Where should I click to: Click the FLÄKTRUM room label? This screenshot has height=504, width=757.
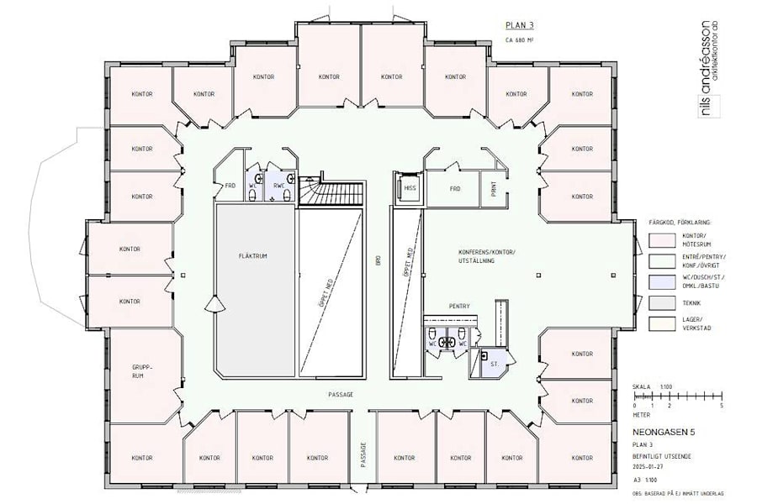tap(252, 256)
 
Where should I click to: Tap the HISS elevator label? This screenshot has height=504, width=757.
tap(410, 189)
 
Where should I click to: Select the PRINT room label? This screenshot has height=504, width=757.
tap(493, 190)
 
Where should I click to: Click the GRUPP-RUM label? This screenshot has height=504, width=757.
tap(142, 373)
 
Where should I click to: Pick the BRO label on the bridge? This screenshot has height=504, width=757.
tap(378, 261)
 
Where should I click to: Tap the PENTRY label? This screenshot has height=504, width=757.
tap(459, 306)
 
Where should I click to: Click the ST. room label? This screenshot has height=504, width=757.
tap(495, 365)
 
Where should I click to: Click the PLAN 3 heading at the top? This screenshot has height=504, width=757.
tap(518, 26)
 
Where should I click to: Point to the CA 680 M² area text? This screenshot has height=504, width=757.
tap(521, 39)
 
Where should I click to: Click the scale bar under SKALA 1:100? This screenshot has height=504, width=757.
tap(677, 397)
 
